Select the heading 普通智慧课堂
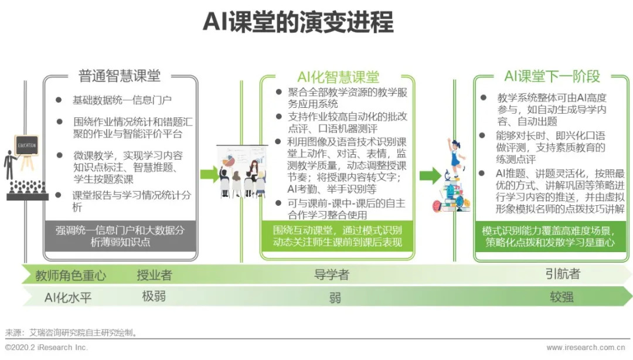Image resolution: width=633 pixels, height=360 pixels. coord(120,76)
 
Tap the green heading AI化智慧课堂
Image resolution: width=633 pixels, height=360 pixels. coord(338,77)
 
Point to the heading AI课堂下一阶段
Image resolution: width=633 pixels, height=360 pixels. coord(552,76)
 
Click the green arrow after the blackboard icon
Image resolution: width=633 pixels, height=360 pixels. coord(208,174)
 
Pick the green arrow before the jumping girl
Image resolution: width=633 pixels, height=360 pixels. coord(430,174)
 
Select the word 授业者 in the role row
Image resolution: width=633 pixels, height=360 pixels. coord(154,274)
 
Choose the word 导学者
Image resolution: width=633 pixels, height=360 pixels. coord(331,274)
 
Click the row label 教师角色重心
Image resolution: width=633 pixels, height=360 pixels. coord(70,275)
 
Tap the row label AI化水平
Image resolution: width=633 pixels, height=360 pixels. coord(68,297)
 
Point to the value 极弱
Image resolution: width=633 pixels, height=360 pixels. coord(154,296)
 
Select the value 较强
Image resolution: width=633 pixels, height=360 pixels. coord(561,297)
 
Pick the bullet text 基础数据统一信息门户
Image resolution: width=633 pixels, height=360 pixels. coord(122,100)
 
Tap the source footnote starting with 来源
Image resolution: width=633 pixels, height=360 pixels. coord(72,332)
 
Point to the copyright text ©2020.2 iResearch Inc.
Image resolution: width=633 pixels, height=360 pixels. coord(46,348)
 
